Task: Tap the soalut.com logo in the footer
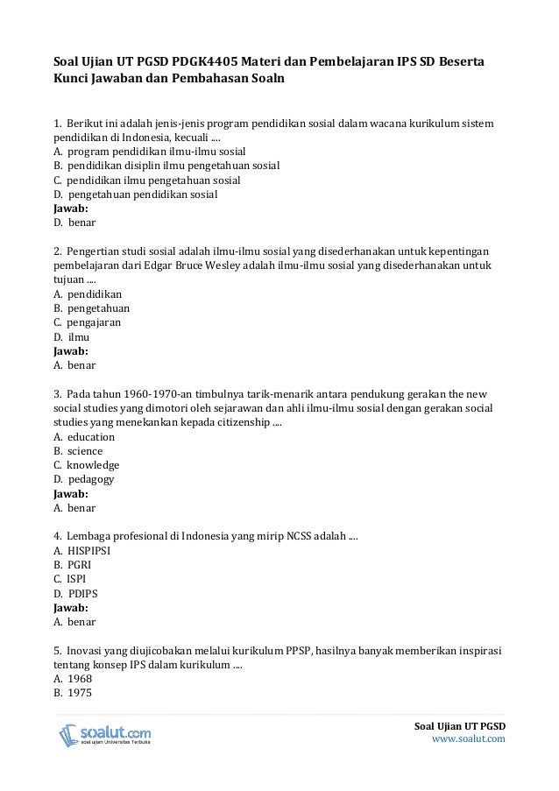coord(105,734)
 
